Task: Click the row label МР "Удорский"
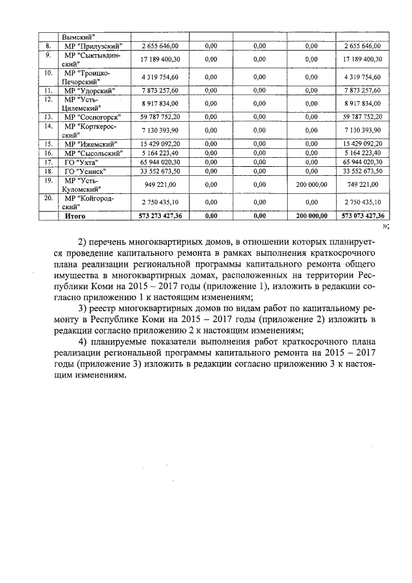[89, 90]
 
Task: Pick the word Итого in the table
[75, 216]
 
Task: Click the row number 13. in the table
[48, 117]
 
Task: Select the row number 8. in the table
[48, 46]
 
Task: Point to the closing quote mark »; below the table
[386, 226]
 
